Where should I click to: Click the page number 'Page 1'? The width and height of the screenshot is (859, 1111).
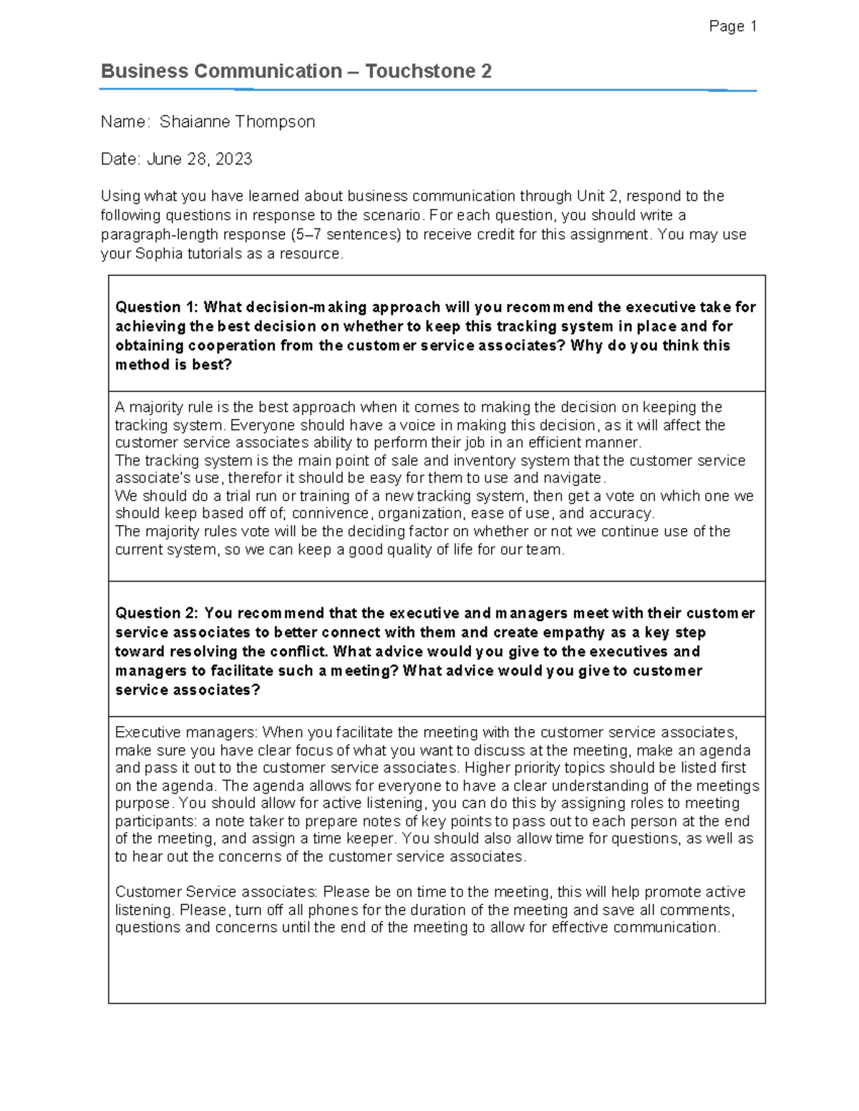click(732, 26)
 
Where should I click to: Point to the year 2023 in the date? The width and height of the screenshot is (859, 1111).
click(233, 159)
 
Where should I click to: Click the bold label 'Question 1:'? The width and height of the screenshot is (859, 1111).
click(157, 307)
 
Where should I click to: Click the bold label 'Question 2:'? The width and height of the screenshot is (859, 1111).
click(157, 613)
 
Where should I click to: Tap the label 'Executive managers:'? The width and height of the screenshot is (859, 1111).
click(186, 733)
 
